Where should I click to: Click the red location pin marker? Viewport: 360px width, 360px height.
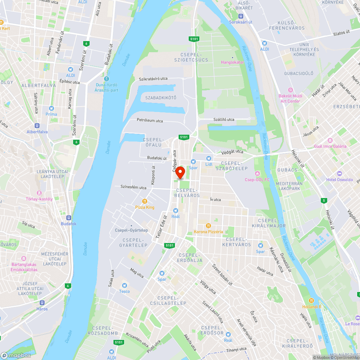point(180,172)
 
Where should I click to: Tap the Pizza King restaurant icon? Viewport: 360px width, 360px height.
point(145,202)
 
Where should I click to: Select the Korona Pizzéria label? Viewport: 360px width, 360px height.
point(208,231)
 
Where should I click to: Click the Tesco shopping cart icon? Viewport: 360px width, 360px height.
point(125,285)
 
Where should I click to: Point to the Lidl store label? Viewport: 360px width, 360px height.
point(210,164)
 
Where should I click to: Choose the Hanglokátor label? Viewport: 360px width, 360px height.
point(232,62)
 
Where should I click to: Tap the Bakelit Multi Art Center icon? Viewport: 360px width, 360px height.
point(291,90)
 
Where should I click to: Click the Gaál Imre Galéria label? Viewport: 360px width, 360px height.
point(330,146)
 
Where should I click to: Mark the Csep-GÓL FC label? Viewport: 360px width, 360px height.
point(257,179)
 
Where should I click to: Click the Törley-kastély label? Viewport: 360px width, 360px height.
point(39,199)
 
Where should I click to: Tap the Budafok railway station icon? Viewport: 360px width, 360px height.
point(68,218)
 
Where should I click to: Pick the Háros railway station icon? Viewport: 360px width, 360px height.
point(42,303)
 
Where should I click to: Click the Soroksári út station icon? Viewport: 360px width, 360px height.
point(241,16)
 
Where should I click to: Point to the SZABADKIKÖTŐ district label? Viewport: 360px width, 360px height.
point(161,98)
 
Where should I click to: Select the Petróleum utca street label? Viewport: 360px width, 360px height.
point(149,121)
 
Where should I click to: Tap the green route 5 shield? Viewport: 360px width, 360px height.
point(324,200)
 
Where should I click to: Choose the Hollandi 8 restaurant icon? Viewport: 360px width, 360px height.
point(311,301)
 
